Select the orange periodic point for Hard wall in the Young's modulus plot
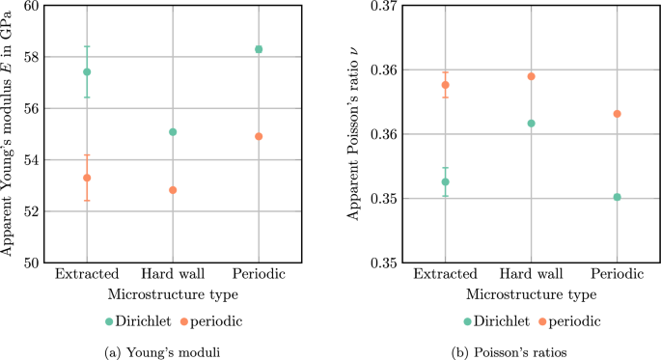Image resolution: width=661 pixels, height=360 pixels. point(173,190)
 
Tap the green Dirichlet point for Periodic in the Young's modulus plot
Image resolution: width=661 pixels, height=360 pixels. point(259,49)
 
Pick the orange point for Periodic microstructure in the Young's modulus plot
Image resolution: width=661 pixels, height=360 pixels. point(259,136)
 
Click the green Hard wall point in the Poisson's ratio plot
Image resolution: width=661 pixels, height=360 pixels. point(531,124)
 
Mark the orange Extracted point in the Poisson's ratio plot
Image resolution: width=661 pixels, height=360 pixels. point(445,85)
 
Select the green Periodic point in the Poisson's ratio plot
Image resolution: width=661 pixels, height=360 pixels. point(617,197)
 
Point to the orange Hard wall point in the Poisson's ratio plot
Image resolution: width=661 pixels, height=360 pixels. point(531,76)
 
